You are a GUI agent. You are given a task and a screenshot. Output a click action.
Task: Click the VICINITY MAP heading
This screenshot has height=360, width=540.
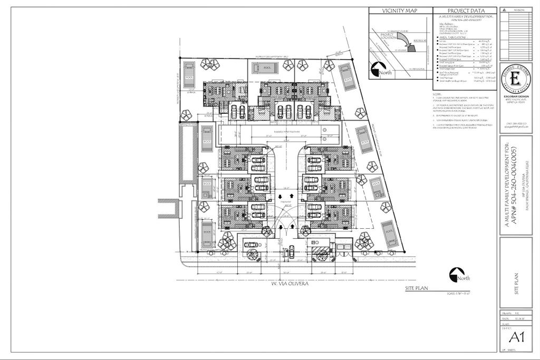(x=400, y=11)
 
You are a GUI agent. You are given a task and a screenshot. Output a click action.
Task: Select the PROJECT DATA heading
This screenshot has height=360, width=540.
(x=465, y=11)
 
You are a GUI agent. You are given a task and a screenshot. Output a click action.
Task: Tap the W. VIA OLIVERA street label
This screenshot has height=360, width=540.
(x=290, y=283)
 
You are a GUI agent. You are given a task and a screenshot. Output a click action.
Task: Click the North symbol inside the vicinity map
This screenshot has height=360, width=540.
(x=379, y=70)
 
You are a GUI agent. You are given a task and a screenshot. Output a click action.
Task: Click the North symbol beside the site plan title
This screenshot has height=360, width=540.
(x=457, y=275)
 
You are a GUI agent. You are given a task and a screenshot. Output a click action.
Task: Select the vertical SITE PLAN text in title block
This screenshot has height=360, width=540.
(x=516, y=283)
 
